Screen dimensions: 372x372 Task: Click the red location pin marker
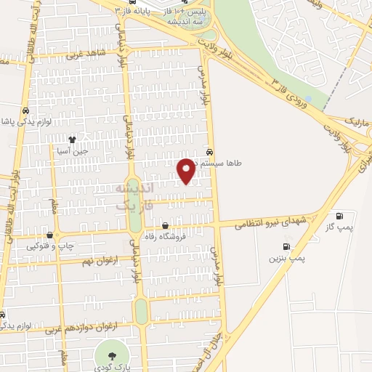point(187,170)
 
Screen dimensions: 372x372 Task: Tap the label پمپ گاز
point(339,228)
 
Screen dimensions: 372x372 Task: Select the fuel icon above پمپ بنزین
point(286,246)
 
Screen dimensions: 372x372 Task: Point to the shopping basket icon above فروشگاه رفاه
point(166,225)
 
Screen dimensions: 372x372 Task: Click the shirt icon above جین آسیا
point(72,139)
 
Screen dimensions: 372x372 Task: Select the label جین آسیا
point(73,151)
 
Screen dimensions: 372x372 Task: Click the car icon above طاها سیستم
point(210,153)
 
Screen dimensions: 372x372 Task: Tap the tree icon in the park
point(111,355)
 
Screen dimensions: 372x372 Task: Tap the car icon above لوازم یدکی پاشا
point(26,110)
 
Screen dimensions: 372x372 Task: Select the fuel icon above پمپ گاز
point(339,217)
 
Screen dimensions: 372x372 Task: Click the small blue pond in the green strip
point(309,99)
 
